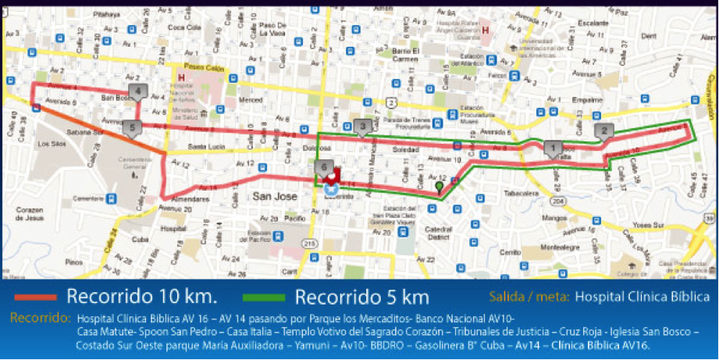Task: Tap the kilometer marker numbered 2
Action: click(603, 131)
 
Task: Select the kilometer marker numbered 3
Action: click(361, 127)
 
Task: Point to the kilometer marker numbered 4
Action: click(137, 92)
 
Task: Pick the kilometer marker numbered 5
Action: click(132, 127)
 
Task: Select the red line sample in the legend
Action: click(30, 298)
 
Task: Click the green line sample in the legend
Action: click(265, 298)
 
